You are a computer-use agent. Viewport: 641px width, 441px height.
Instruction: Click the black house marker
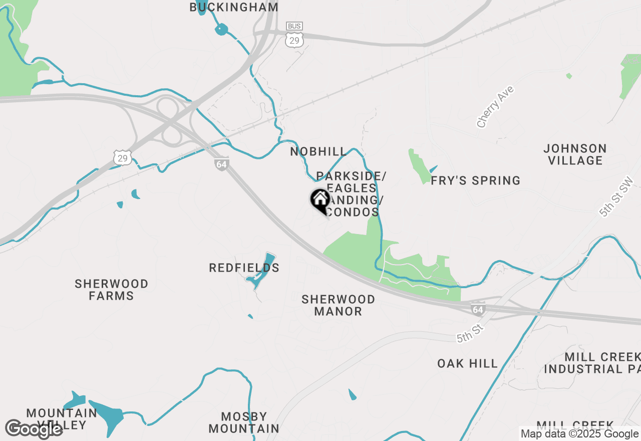320,200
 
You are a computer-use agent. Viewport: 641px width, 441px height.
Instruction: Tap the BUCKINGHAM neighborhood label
234,7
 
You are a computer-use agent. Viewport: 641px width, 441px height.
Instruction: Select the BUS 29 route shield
294,35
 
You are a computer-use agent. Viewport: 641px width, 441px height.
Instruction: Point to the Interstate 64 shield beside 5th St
478,309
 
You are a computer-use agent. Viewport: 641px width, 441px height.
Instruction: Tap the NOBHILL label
318,151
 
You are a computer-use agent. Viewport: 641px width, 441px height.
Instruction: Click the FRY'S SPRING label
476,180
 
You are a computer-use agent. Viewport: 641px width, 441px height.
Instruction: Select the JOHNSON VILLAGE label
575,154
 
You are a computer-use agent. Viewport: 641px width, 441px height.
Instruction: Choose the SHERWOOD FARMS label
111,290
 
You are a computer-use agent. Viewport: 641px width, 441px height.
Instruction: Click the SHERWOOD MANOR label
338,305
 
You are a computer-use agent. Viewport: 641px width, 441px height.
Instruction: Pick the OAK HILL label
467,363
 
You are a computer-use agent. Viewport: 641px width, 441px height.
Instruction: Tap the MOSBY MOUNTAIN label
244,422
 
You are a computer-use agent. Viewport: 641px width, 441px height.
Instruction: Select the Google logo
34,429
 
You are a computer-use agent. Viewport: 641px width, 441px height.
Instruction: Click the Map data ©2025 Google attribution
579,434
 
